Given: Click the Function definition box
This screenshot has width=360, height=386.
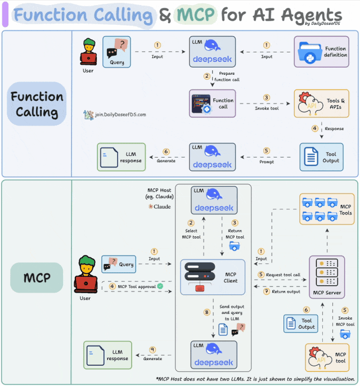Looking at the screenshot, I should (321, 52).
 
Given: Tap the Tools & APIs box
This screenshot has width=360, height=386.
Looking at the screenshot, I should (321, 104).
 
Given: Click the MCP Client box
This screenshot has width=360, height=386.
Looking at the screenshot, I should (213, 277).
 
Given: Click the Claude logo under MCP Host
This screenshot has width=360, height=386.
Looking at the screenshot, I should (159, 207).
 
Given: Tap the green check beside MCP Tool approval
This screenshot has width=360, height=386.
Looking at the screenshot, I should (160, 286).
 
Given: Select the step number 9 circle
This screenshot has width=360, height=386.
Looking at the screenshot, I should (152, 350).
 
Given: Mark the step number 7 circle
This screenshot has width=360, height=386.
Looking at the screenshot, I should (267, 291).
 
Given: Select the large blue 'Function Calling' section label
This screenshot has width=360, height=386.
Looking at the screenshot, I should (37, 104).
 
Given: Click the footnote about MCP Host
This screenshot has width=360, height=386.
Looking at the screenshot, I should (256, 379).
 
